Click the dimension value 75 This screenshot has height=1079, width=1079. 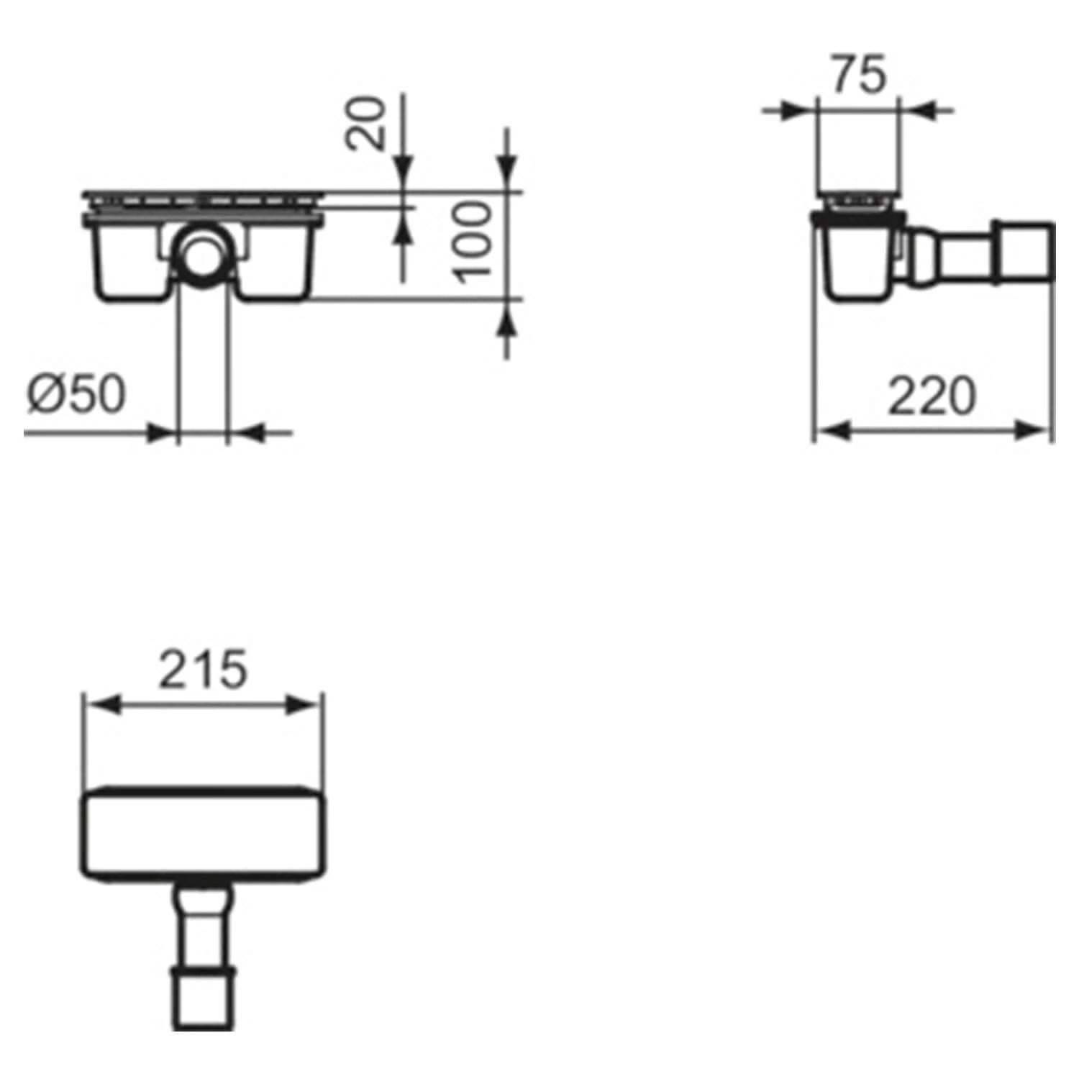859,76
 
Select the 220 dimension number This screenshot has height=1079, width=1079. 932,396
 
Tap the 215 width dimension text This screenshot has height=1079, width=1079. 203,670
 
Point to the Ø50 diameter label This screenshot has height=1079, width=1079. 76,394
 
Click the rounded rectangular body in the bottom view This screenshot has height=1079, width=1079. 202,833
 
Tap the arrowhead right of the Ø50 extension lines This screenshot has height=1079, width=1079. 248,432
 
